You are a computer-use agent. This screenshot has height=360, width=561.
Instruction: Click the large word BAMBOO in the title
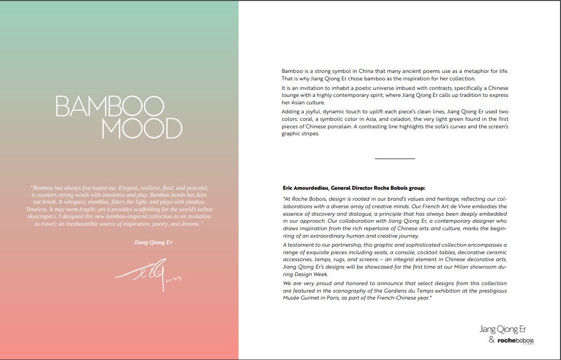tap(109, 106)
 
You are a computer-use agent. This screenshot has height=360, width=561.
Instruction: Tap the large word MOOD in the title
tap(142, 129)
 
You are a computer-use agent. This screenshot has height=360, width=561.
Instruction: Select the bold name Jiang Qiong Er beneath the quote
tap(154, 242)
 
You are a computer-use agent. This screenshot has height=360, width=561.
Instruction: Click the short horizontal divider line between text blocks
tap(395, 158)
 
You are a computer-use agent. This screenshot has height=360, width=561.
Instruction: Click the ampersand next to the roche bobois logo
tap(492, 340)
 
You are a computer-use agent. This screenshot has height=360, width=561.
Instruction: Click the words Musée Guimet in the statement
tap(299, 298)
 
